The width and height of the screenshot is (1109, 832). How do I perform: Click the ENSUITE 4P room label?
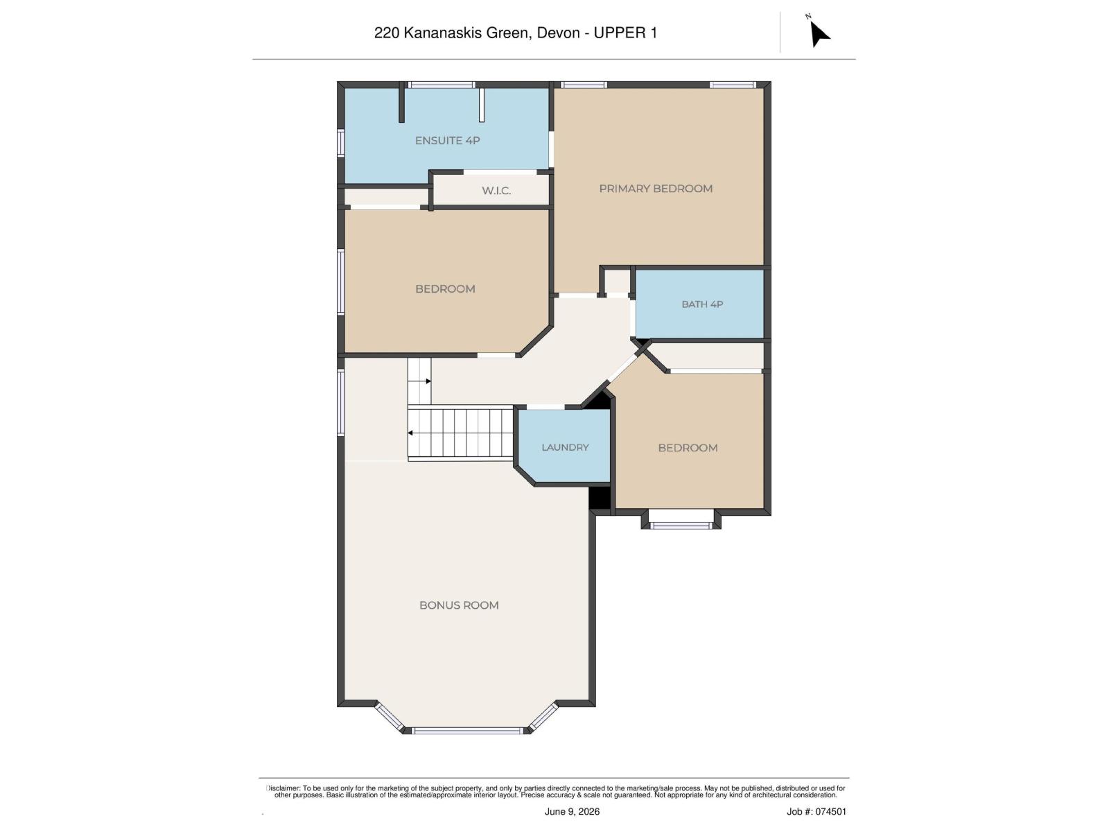[447, 141]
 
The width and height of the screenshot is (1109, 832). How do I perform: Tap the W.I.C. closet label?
[496, 191]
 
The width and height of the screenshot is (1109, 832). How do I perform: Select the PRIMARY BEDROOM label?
[655, 189]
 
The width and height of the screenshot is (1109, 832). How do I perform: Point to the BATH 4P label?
[701, 304]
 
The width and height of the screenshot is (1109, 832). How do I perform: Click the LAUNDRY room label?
[565, 447]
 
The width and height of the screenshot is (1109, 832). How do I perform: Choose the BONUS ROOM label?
[459, 605]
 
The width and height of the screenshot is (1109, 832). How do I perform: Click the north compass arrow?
[819, 33]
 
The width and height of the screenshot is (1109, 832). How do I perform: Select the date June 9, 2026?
[572, 811]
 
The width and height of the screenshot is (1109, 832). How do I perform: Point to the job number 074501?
[831, 811]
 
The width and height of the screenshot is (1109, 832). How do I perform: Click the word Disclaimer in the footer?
[283, 788]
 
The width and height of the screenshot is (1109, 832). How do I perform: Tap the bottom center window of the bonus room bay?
[467, 731]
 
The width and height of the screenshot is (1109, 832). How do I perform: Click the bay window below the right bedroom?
[681, 526]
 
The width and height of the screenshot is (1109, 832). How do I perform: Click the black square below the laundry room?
[600, 498]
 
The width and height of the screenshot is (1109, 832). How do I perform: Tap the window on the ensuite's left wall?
[340, 142]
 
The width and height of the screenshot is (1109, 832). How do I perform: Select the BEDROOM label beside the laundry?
[688, 448]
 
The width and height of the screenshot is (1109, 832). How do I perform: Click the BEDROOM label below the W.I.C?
[445, 289]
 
